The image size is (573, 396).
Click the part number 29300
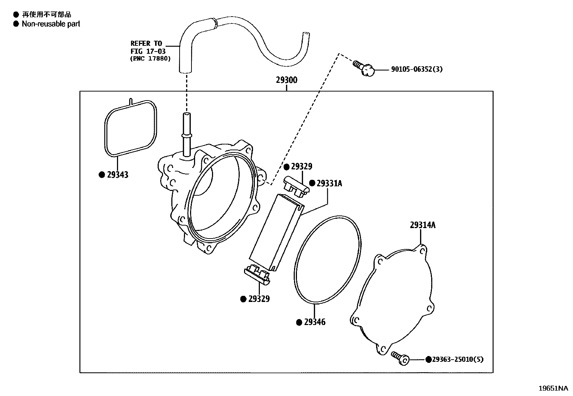tap(286, 80)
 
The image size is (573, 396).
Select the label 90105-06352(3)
tap(417, 69)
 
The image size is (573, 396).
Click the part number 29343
tap(118, 175)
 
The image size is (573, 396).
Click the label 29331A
tap(329, 183)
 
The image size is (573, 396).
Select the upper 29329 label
tap(302, 166)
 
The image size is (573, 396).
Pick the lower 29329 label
tap(259, 299)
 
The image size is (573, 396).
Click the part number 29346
tap(315, 322)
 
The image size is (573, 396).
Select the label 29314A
tap(423, 225)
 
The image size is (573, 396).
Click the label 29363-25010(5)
tap(457, 359)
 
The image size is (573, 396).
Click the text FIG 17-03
tap(148, 51)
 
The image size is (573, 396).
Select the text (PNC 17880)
tap(150, 58)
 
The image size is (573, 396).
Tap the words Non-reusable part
tap(51, 24)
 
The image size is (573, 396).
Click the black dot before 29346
tap(299, 322)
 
